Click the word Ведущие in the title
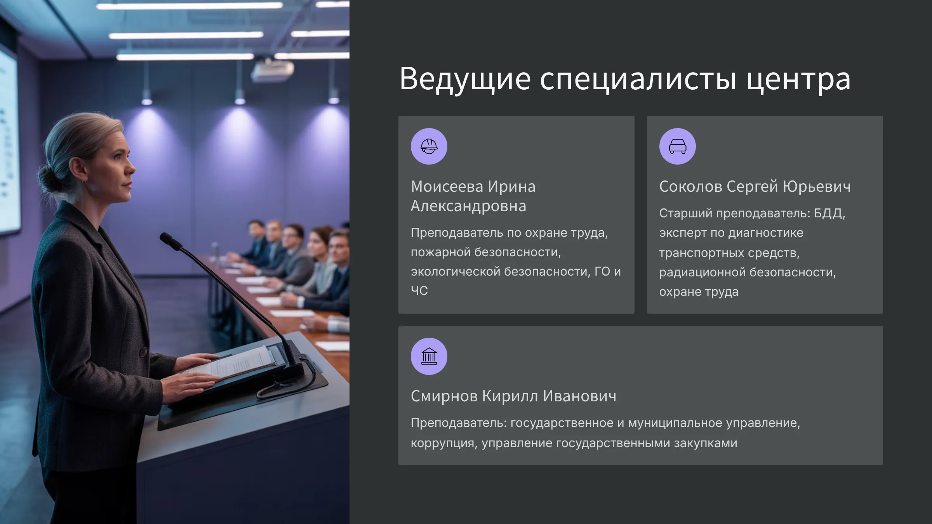tap(465, 79)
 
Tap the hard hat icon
tap(429, 146)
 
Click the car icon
tap(678, 146)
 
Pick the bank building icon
tap(429, 356)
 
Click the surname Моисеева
tap(447, 187)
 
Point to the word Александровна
tap(468, 206)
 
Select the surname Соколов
tap(691, 187)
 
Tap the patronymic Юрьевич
tap(817, 187)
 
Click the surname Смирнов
tap(444, 396)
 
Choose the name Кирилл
tap(510, 396)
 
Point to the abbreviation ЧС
tap(419, 290)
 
